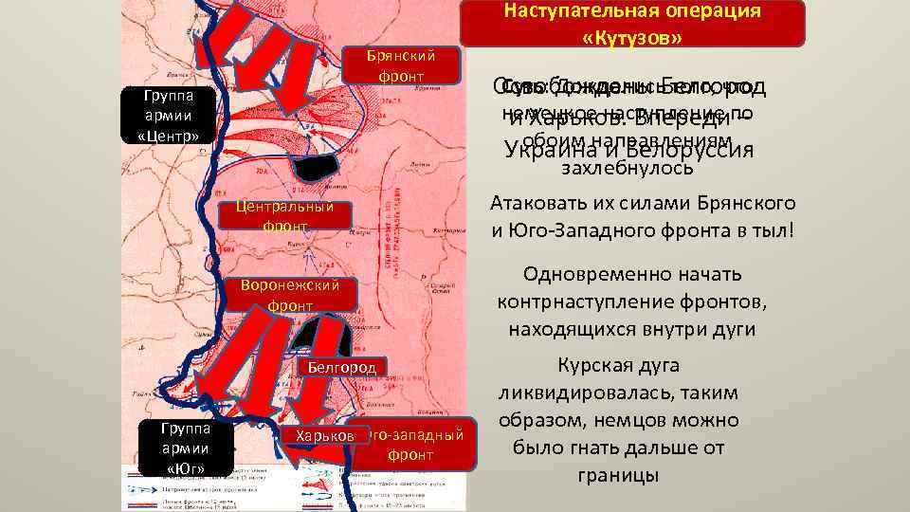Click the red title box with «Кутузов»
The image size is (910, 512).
[633, 24]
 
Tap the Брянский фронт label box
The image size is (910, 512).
[399, 64]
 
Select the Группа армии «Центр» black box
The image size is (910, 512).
[168, 117]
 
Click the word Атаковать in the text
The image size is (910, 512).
[537, 204]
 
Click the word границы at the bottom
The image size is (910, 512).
[618, 475]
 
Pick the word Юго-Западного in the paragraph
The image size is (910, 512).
[584, 231]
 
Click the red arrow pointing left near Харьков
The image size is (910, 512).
[310, 457]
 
